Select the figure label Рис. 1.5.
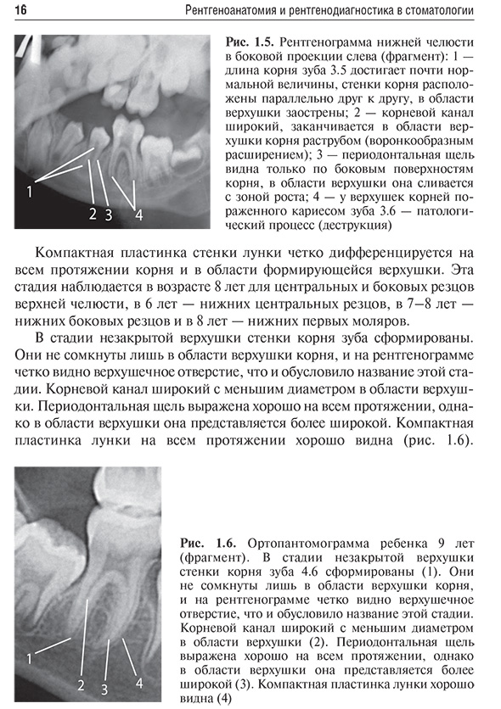[x=249, y=42]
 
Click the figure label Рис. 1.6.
[x=205, y=541]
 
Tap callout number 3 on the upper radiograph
[x=109, y=214]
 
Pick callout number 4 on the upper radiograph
[x=138, y=214]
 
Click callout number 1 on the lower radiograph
[x=30, y=657]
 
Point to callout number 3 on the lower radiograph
[x=105, y=688]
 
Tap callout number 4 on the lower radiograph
[x=139, y=682]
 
